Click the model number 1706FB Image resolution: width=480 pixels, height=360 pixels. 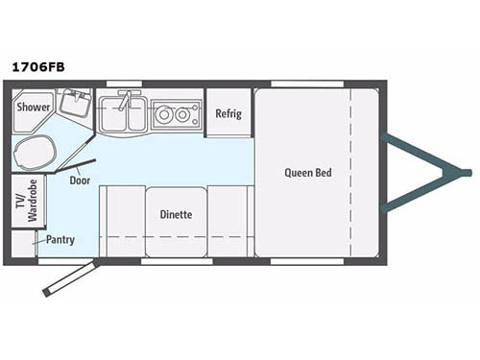(x=38, y=67)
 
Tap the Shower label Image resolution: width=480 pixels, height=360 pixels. (x=34, y=107)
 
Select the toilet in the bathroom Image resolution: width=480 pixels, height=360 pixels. (x=35, y=153)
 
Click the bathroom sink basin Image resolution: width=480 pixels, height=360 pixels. (x=75, y=103)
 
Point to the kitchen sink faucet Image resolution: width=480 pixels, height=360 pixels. (x=126, y=100)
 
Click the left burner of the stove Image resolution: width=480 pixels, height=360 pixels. (x=164, y=114)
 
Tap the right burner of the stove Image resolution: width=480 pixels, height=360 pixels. (x=182, y=114)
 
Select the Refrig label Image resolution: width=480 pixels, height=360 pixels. (x=228, y=114)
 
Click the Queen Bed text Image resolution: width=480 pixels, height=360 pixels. (x=308, y=173)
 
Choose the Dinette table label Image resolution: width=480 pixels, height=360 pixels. (x=176, y=214)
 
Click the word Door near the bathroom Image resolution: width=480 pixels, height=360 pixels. (x=80, y=180)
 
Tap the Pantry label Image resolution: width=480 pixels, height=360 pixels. (x=60, y=240)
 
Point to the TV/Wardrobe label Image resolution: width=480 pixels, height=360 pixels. (x=28, y=201)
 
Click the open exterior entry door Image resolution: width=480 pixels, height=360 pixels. (x=71, y=277)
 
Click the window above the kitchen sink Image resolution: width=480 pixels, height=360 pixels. (x=124, y=84)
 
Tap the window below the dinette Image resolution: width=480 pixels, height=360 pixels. (x=177, y=261)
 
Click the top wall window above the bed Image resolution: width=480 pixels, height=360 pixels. (x=307, y=84)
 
